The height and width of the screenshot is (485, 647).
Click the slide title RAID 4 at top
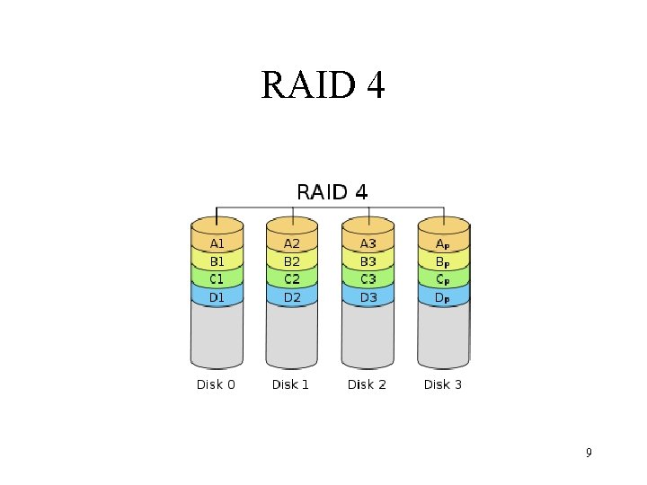[x=323, y=86]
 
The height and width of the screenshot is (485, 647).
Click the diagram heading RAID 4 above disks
[x=332, y=191]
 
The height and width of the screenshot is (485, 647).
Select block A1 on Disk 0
[x=217, y=243]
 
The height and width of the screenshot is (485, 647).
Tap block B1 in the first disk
[x=217, y=261]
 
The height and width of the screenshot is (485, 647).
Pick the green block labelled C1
[x=217, y=279]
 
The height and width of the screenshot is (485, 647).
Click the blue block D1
[x=217, y=296]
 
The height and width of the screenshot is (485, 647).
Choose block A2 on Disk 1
[x=292, y=243]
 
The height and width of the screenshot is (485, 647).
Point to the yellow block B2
[x=292, y=261]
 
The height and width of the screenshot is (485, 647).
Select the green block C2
[x=292, y=279]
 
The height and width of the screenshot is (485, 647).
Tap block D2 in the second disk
[x=292, y=296]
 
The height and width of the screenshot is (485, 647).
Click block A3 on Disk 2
[x=368, y=243]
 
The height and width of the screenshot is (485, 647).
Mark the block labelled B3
[x=368, y=261]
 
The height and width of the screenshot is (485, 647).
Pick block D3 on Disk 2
[x=368, y=296]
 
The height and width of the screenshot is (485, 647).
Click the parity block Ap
[x=443, y=243]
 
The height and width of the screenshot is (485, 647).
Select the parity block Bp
[x=443, y=261]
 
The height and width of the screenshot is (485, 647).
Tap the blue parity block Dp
[x=443, y=296]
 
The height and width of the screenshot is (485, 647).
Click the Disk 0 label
[x=216, y=384]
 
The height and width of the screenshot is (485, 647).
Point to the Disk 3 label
[x=443, y=384]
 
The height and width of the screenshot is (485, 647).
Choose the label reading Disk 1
[x=291, y=384]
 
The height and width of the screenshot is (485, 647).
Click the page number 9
[x=589, y=453]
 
